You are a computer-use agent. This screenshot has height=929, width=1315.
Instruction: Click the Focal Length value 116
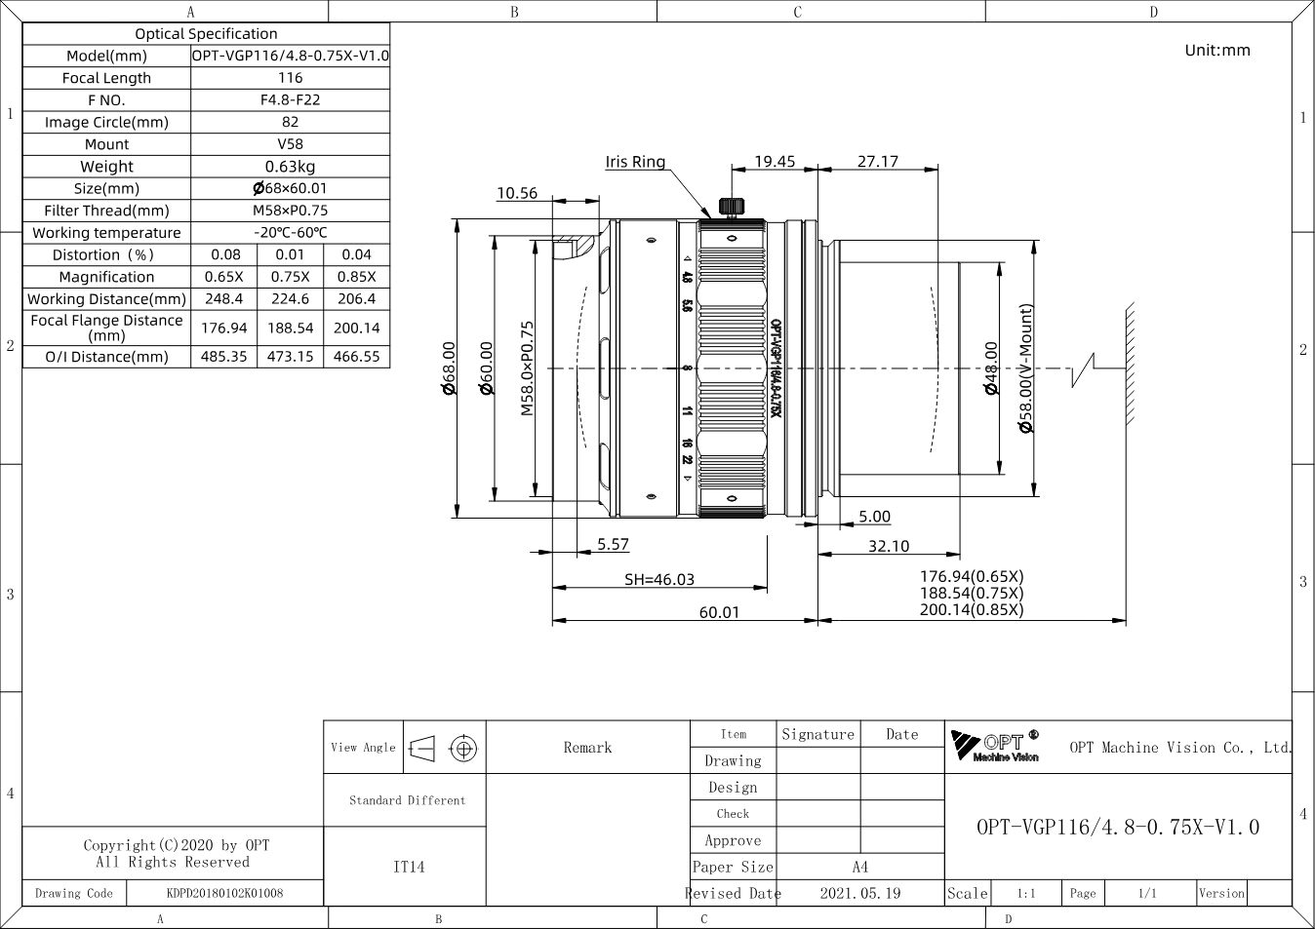[x=290, y=77]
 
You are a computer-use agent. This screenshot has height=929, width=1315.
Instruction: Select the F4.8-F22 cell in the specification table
[x=290, y=99]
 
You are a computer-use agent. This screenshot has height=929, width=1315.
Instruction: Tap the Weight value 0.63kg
[x=290, y=167]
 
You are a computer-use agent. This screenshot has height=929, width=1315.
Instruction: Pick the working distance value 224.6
[x=290, y=298]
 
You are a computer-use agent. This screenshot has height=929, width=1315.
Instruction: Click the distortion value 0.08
[x=225, y=254]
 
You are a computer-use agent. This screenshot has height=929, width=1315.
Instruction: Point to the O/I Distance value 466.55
[x=356, y=357]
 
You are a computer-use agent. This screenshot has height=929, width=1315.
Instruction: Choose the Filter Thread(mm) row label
[x=106, y=211]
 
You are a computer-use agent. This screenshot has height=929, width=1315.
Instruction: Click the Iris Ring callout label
[x=635, y=162]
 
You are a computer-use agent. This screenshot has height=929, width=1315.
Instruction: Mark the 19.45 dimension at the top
[x=775, y=161]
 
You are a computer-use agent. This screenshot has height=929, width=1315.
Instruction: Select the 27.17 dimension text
[x=878, y=161]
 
